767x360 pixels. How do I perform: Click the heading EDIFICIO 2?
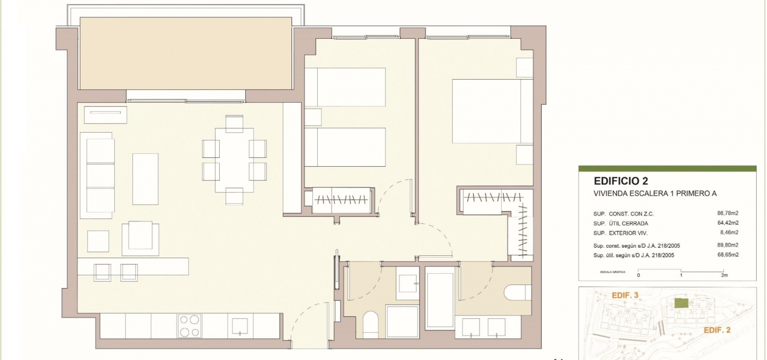coord(621,181)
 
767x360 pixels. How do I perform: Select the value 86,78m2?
coord(728,214)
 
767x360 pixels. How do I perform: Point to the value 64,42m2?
coord(728,223)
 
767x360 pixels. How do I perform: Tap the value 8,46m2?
coord(729,233)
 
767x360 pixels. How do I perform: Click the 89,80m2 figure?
coord(728,245)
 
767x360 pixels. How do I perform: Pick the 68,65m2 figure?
coord(728,255)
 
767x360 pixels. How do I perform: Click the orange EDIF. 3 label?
coord(625,295)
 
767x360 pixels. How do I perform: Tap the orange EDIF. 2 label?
coord(717,330)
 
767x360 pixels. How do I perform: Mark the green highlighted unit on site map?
coord(681,303)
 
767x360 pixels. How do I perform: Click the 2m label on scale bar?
coord(724,275)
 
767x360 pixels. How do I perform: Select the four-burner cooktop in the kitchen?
coord(189,326)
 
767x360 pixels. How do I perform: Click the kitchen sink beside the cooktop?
coord(240,326)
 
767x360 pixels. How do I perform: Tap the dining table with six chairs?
coord(234,160)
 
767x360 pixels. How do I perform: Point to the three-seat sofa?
coord(97,175)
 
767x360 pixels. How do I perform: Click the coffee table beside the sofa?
coord(145,179)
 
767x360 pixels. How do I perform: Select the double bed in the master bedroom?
coord(492,111)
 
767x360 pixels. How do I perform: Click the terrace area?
coord(186,54)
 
